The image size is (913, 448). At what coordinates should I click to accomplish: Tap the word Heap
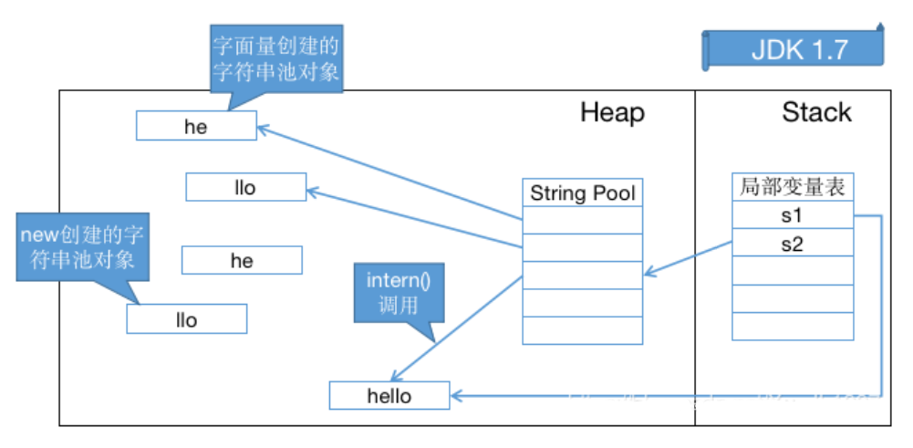coord(612,112)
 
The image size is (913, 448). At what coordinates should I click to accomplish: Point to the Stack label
coord(816,112)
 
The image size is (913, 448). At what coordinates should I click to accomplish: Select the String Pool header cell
coord(582,193)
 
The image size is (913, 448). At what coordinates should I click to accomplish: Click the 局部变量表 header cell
coord(793,188)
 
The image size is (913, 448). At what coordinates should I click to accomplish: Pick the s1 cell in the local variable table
coord(793,216)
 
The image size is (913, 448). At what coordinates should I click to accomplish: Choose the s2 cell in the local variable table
coord(793,244)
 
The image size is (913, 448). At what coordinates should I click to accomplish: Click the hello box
coord(389,396)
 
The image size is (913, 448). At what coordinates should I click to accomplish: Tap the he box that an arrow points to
coord(196,127)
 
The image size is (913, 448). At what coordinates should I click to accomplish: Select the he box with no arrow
coord(242,261)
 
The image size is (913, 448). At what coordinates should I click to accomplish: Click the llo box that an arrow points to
coord(245,188)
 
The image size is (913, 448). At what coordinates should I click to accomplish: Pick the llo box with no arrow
coord(186,319)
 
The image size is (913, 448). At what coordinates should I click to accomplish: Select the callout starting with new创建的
coord(81,246)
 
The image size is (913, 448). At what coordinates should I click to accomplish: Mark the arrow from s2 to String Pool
coord(688,258)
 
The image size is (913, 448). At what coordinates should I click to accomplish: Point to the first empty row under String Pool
coord(582,220)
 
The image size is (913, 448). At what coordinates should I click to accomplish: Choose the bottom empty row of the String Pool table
coord(582,330)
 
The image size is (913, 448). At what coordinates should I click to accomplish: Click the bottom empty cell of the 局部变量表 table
coord(793,326)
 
